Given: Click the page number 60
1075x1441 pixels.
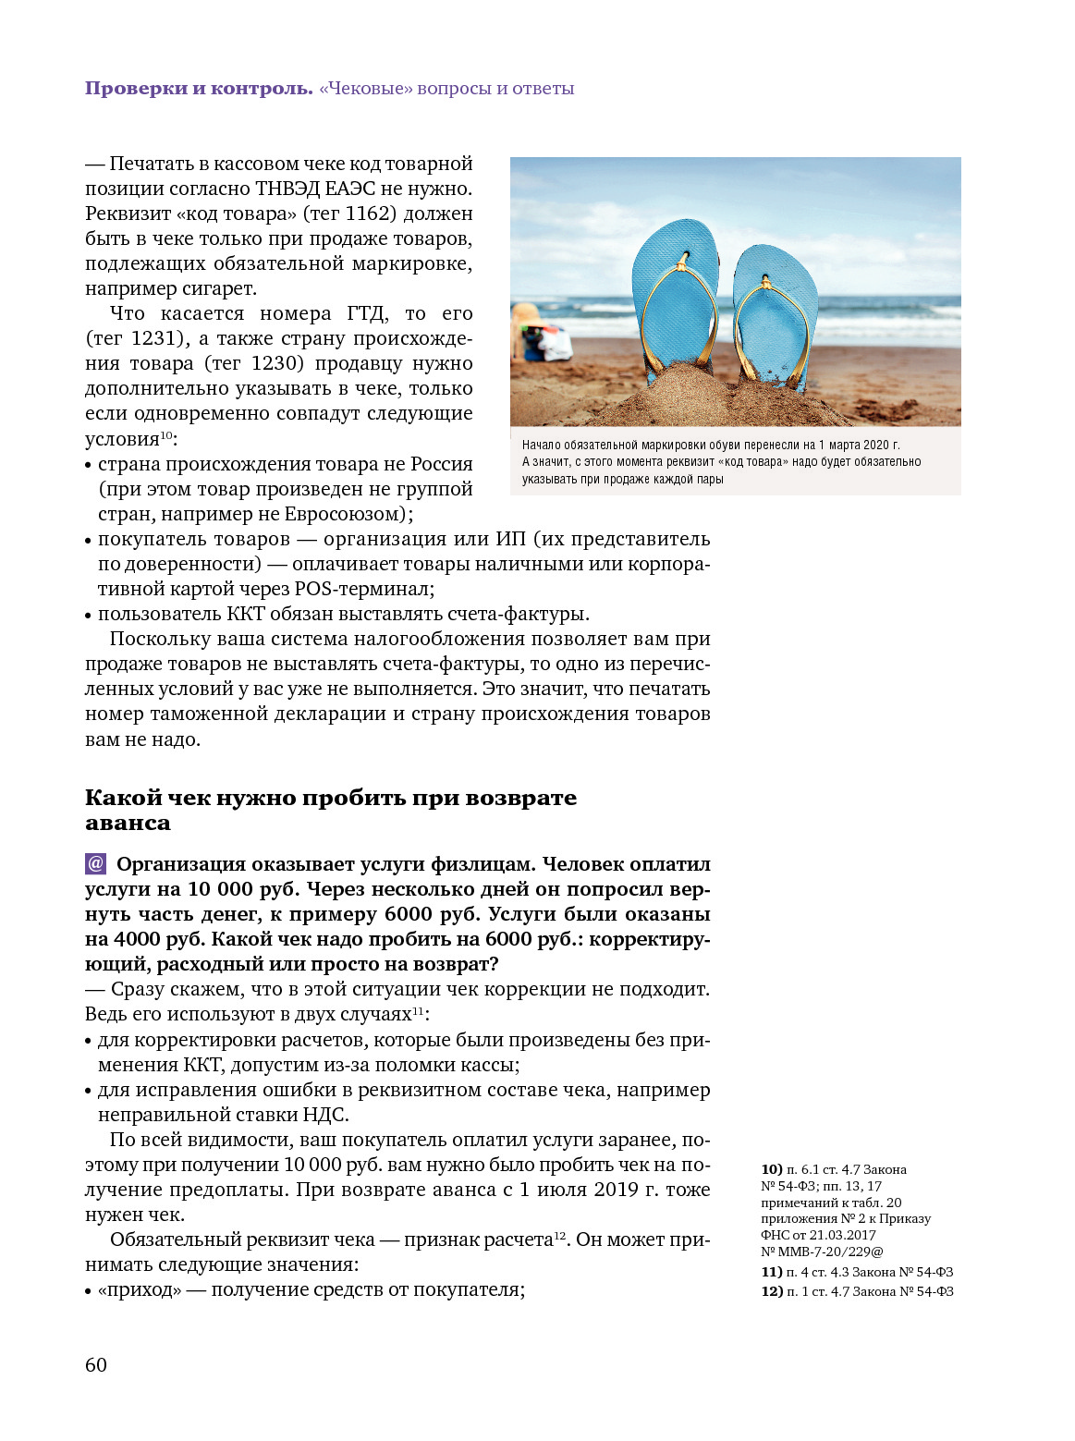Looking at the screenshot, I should point(96,1364).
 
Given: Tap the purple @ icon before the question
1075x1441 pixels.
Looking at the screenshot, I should point(95,864).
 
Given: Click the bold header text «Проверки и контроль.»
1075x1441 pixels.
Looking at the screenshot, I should point(199,89).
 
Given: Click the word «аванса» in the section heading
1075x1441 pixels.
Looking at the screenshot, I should point(128,823).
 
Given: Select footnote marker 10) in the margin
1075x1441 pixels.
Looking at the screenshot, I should point(772,1169).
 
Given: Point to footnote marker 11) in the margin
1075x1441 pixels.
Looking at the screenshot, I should point(772,1272).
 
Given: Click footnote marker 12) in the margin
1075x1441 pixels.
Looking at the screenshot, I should point(772,1291).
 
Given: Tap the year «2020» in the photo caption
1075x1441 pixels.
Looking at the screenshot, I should point(876,445).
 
